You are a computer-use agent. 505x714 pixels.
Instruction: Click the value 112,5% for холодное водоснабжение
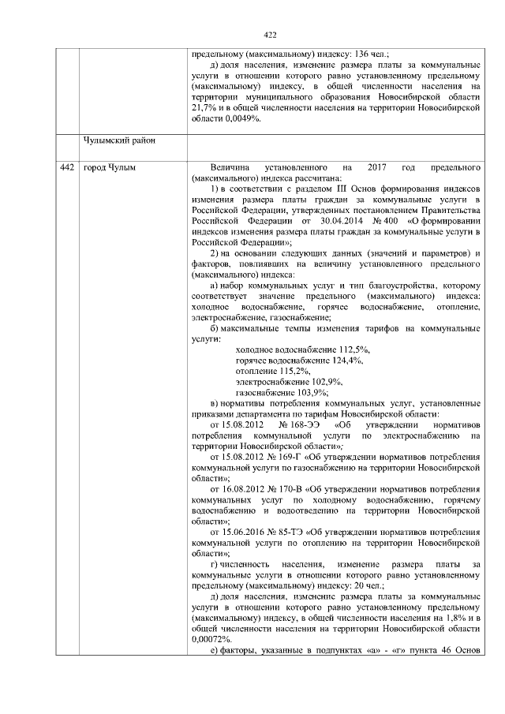(x=354, y=349)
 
